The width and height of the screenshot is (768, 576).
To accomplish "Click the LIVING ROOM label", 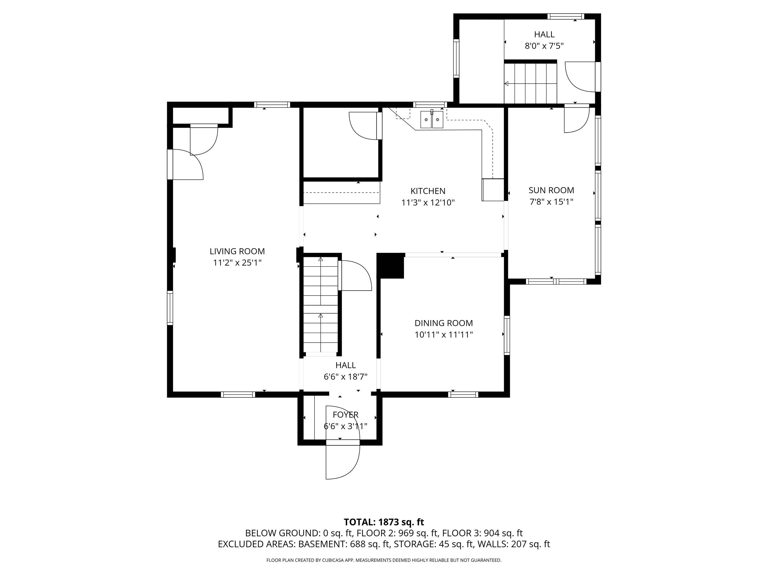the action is click(x=237, y=251).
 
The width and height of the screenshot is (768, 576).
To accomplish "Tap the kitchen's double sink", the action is click(x=432, y=119).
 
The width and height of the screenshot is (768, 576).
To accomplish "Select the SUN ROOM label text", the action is click(x=551, y=190).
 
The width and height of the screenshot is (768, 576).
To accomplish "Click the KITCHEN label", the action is click(x=428, y=191).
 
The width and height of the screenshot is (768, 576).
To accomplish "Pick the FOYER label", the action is click(x=345, y=414).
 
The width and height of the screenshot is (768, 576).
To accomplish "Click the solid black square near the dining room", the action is click(x=390, y=265).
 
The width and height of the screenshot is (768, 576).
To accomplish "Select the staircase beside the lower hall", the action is click(x=321, y=304).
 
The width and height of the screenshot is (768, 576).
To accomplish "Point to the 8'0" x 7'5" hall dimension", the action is click(x=544, y=46).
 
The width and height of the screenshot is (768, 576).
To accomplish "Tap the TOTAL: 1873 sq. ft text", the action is click(x=384, y=531).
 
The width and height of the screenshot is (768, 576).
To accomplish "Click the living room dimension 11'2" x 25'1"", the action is click(x=237, y=263).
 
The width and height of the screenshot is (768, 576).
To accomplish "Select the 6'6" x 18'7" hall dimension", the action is click(x=345, y=377).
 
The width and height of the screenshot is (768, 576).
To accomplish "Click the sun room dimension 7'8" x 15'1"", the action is click(x=551, y=202).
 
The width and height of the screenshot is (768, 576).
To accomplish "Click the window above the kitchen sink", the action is click(x=430, y=104).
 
